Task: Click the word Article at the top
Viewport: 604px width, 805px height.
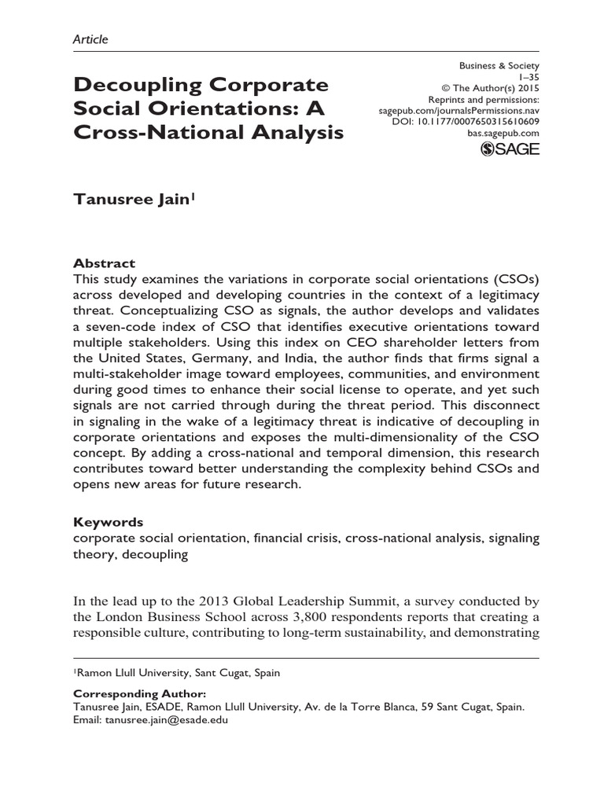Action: coord(90,39)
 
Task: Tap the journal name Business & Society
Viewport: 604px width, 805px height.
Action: coord(499,66)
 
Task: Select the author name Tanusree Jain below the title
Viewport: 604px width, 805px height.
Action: coord(131,200)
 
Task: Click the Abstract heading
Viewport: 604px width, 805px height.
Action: coord(104,263)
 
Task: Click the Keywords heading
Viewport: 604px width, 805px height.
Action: coord(109,522)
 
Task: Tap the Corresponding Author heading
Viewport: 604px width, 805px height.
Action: coord(139,694)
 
